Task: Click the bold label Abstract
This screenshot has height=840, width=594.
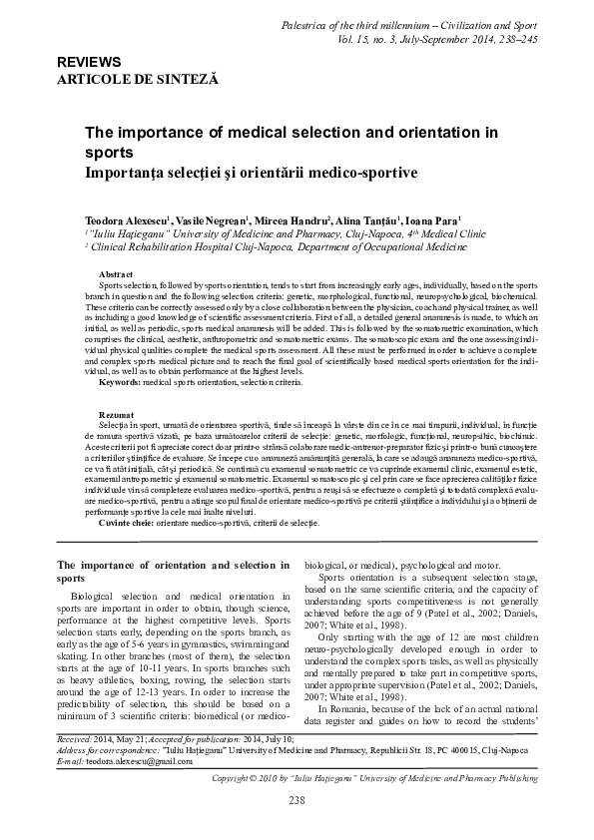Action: click(117, 273)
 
